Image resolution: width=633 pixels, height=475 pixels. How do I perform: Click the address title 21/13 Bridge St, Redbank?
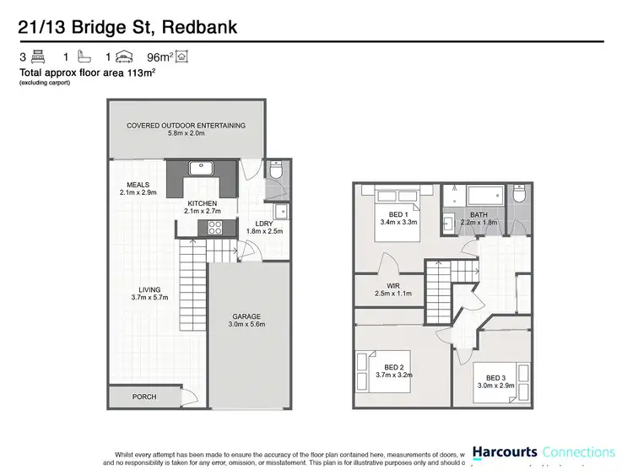128,27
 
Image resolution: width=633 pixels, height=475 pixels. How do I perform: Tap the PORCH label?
143,397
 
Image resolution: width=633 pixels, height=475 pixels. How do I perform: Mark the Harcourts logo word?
504,453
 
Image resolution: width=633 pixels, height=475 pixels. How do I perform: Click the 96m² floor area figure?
160,57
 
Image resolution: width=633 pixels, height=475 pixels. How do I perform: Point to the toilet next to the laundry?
276,171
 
